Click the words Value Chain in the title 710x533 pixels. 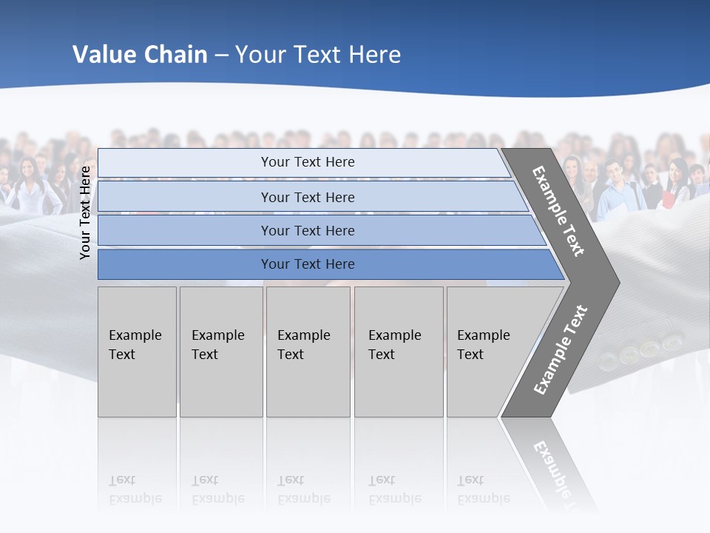click(140, 55)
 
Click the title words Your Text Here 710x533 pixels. click(318, 55)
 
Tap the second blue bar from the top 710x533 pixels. click(307, 197)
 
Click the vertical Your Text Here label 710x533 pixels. click(86, 212)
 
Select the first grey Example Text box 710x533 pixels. click(137, 352)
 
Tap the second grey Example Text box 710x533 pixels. click(220, 352)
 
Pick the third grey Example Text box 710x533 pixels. click(308, 352)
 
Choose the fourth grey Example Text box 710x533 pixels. click(398, 352)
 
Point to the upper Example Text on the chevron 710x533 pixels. click(558, 211)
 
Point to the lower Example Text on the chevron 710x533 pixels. click(561, 350)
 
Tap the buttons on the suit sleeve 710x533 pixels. click(640, 350)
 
